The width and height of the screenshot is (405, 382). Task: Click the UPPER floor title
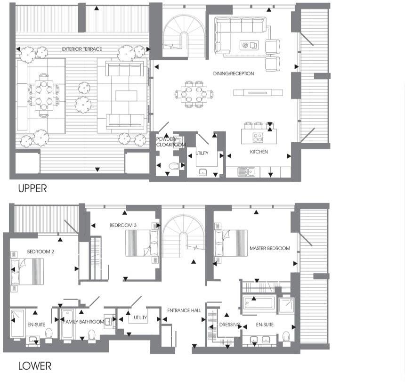32,188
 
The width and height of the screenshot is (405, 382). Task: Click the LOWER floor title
34,366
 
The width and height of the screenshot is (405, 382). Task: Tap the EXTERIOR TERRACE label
82,49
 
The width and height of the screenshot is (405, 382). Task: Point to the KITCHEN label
259,152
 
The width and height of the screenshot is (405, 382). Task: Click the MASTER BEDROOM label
269,248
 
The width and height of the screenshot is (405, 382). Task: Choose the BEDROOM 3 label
123,226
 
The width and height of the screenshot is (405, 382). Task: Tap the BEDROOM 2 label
40,252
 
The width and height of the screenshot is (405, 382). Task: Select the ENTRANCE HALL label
184,310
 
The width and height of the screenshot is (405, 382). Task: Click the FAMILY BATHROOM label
85,322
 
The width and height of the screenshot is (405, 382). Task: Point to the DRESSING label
230,325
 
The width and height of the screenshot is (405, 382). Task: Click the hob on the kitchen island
258,138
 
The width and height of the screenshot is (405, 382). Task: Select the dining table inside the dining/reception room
193,93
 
